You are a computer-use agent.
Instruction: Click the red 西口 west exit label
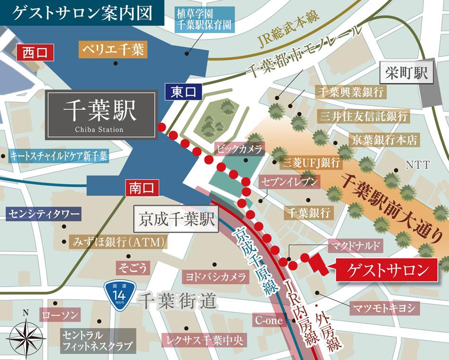pyautogui.click(x=35, y=52)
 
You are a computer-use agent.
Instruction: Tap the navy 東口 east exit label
pyautogui.click(x=183, y=91)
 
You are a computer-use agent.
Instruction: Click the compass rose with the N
pyautogui.click(x=26, y=335)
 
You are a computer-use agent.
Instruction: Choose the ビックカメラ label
pyautogui.click(x=240, y=149)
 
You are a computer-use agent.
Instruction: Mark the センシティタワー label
pyautogui.click(x=43, y=214)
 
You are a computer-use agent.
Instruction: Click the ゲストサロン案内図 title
pyautogui.click(x=83, y=13)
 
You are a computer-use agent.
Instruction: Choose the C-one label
pyautogui.click(x=268, y=321)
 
